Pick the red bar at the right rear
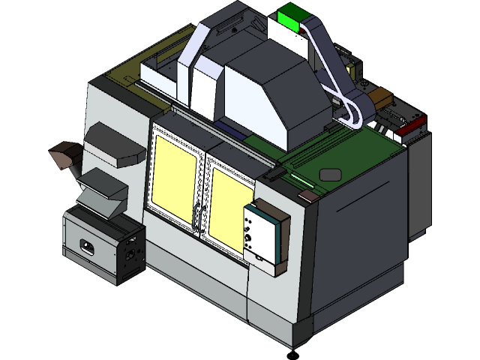411,127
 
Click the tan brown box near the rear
382,97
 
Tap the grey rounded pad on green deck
331,175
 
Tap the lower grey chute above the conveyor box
100,193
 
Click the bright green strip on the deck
303,180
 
